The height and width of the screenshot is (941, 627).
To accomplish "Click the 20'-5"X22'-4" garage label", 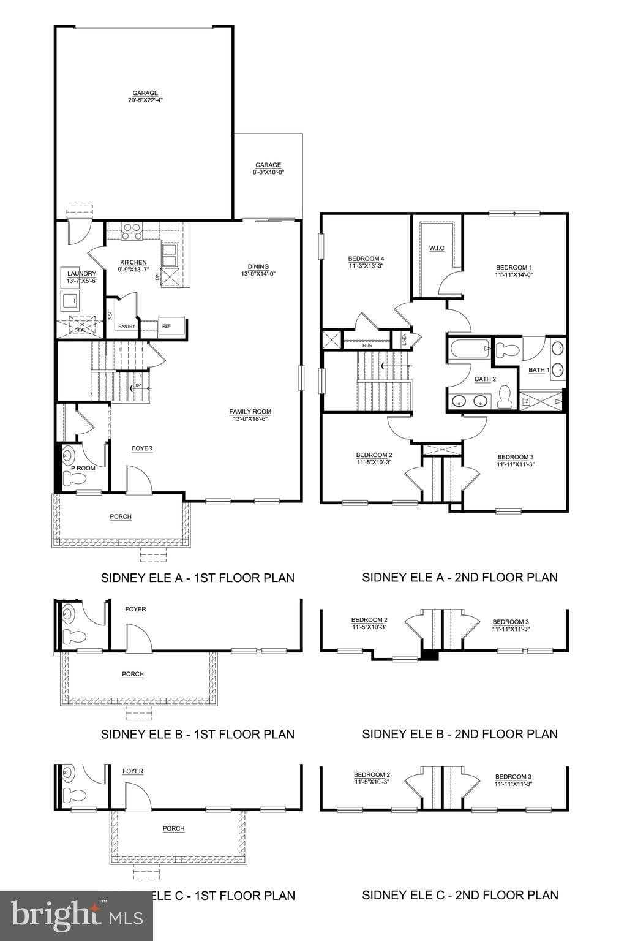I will (145, 97).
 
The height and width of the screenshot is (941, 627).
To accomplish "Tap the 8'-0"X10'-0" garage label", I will (268, 168).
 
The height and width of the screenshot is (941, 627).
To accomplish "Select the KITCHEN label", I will (133, 266).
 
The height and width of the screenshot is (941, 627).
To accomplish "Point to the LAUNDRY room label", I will (81, 277).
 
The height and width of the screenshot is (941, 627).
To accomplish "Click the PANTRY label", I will (127, 327).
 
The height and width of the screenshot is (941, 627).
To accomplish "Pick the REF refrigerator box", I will (167, 327).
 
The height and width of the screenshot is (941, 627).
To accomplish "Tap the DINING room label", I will (258, 270).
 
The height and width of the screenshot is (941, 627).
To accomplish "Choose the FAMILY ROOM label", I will (250, 415).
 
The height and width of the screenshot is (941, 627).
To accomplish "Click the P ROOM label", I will (83, 468).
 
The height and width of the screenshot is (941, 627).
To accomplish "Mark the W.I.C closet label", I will (437, 248).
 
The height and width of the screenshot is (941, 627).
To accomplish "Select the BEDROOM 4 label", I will (366, 262).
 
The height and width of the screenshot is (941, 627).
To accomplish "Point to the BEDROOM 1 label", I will (514, 271).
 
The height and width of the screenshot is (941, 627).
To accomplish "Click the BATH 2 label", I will (485, 379).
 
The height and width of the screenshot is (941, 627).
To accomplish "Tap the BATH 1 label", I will (539, 370).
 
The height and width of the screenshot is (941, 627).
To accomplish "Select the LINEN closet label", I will (404, 339).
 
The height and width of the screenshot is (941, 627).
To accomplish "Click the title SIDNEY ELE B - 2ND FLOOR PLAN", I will (460, 733).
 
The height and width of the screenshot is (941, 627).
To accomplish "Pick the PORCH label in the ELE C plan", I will (173, 828).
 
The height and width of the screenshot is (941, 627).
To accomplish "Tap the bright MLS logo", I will (77, 915).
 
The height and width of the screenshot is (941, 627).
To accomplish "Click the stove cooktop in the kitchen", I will (131, 230).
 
